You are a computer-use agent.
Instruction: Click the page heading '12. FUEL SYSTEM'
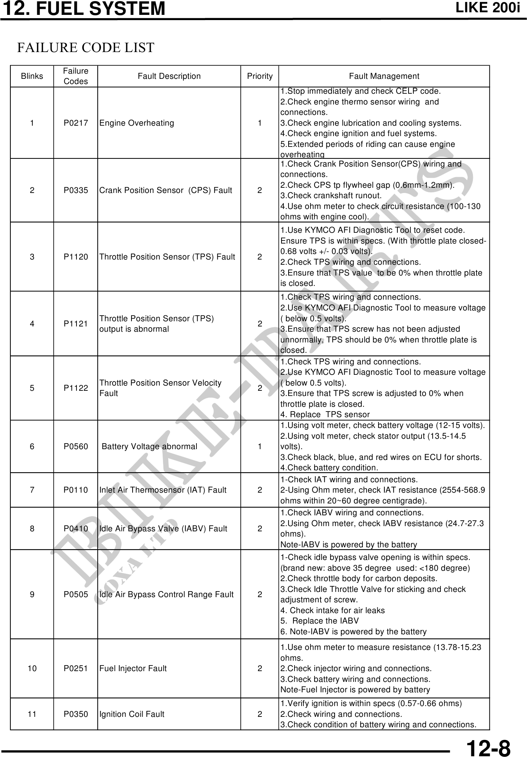(x=83, y=9)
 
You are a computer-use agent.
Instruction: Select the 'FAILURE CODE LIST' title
(x=86, y=48)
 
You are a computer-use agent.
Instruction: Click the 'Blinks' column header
(x=32, y=76)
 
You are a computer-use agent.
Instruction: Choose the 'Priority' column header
(x=260, y=76)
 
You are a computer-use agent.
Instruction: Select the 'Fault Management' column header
(x=384, y=76)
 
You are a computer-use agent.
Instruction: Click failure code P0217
(x=76, y=123)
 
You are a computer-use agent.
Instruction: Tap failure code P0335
(x=76, y=190)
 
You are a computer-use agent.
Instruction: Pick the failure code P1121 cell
(x=76, y=324)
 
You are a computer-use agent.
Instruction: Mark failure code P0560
(x=76, y=447)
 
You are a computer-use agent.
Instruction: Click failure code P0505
(x=76, y=595)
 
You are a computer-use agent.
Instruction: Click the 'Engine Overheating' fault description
(x=137, y=123)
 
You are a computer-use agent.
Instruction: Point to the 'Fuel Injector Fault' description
(x=133, y=669)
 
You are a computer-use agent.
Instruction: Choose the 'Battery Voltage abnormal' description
(x=149, y=447)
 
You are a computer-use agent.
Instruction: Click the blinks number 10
(x=32, y=669)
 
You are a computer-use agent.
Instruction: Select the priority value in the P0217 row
(x=260, y=123)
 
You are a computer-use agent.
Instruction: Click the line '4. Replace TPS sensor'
(x=325, y=415)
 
